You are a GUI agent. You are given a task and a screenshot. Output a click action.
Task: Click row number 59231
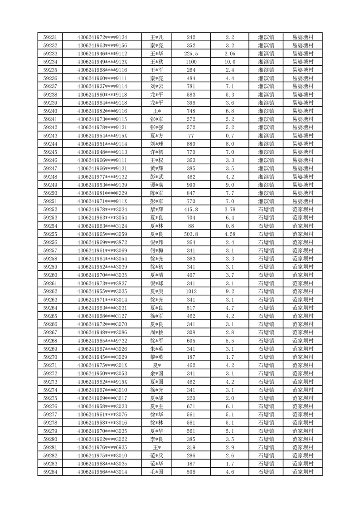pos(50,37)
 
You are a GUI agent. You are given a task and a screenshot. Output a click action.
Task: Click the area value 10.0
pos(230,62)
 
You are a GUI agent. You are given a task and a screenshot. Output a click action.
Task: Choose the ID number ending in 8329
pos(102,193)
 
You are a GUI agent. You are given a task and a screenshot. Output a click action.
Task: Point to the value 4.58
pos(230,234)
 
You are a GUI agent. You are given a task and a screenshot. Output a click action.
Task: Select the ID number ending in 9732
pos(102,341)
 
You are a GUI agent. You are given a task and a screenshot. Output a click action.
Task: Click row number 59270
pos(50,357)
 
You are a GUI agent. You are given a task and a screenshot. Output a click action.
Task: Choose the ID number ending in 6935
pos(102,447)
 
